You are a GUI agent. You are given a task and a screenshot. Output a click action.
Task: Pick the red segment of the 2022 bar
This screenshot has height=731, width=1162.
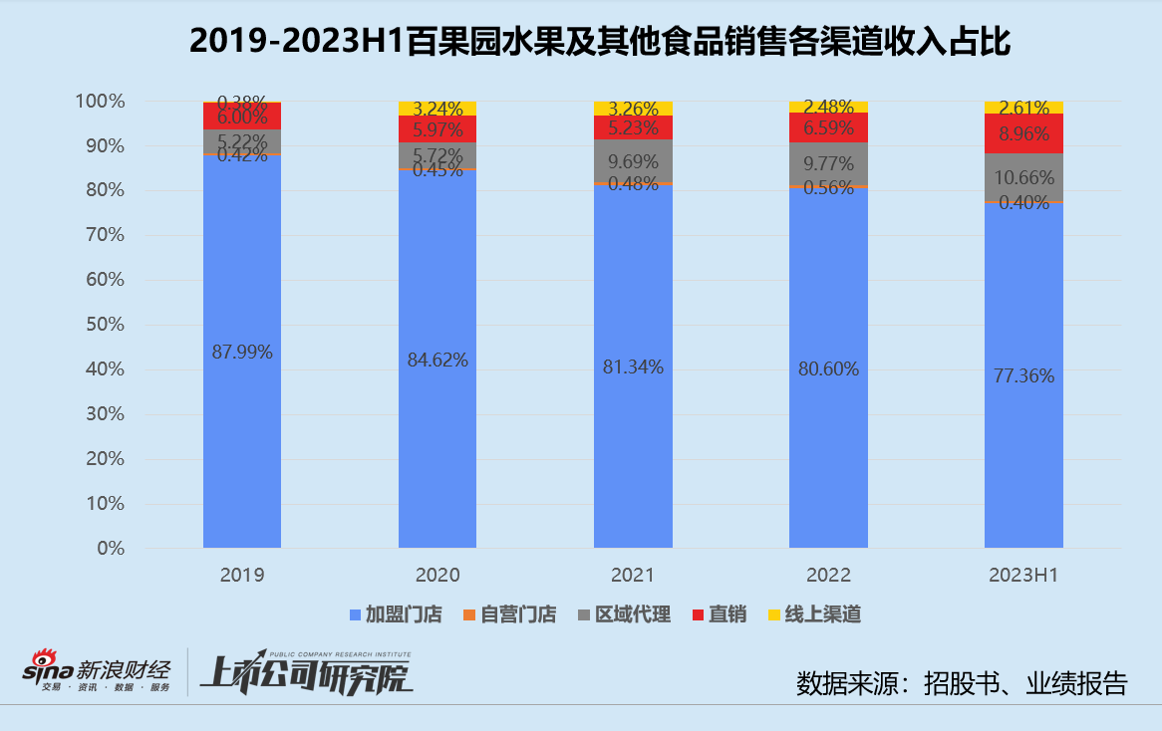point(828,126)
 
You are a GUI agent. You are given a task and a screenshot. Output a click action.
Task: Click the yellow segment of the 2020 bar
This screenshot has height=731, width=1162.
point(437,108)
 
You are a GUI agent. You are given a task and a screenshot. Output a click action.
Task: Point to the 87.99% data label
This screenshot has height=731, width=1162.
point(242,352)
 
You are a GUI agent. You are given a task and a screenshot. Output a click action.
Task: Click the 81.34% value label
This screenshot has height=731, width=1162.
point(633,366)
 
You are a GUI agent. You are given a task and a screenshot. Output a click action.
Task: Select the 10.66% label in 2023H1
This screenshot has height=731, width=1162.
point(1023,178)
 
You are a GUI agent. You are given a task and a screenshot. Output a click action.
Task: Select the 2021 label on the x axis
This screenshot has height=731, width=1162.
point(633,576)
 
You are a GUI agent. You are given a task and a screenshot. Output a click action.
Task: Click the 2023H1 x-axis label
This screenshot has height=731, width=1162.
point(1023,576)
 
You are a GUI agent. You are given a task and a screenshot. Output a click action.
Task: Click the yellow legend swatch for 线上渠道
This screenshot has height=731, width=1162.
point(774,614)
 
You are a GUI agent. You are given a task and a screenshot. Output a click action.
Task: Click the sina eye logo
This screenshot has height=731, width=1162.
point(43,659)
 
